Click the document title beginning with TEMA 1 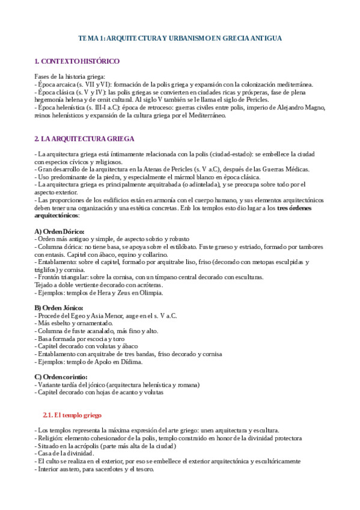(180, 38)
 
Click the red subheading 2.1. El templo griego (73, 415)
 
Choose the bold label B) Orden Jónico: (59, 308)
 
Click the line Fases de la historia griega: (70, 77)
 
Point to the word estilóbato (174, 247)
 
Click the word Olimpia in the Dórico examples (149, 293)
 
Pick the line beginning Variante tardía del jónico (117, 385)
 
